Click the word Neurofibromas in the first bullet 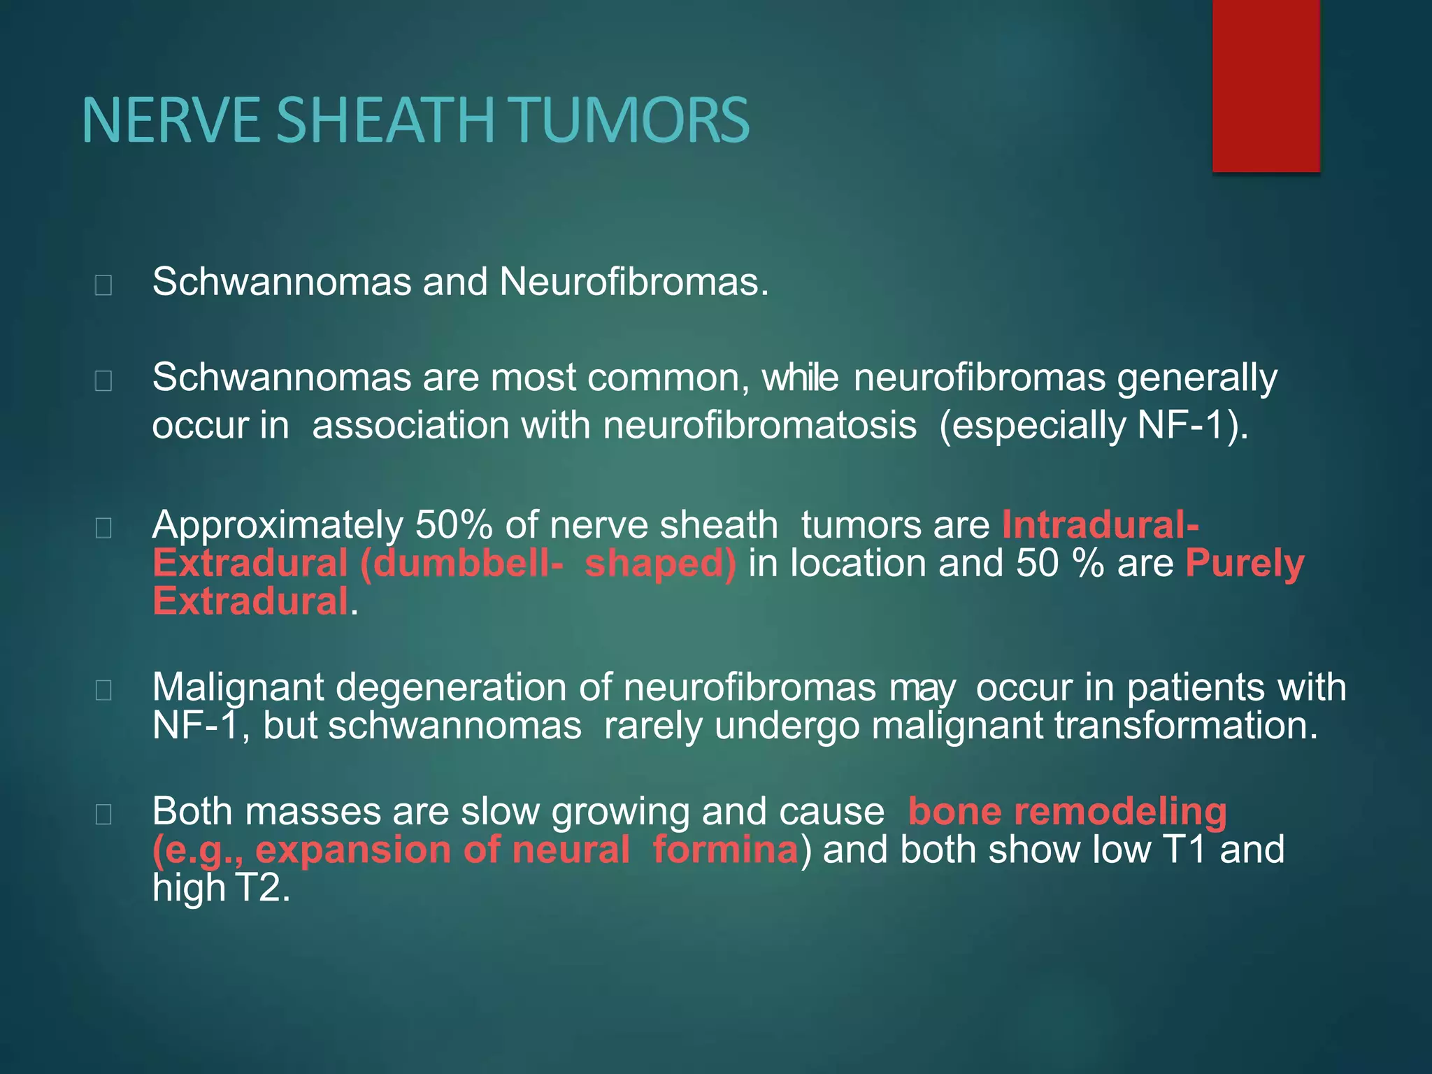pos(633,282)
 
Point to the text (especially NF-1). pos(1093,425)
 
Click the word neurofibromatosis pos(759,425)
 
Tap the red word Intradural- pos(1100,524)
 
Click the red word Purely pos(1245,563)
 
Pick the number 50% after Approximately pos(454,524)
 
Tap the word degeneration pos(451,687)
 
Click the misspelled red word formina pos(724,850)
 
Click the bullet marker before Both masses pos(103,814)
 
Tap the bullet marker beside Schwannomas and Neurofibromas pos(103,285)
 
